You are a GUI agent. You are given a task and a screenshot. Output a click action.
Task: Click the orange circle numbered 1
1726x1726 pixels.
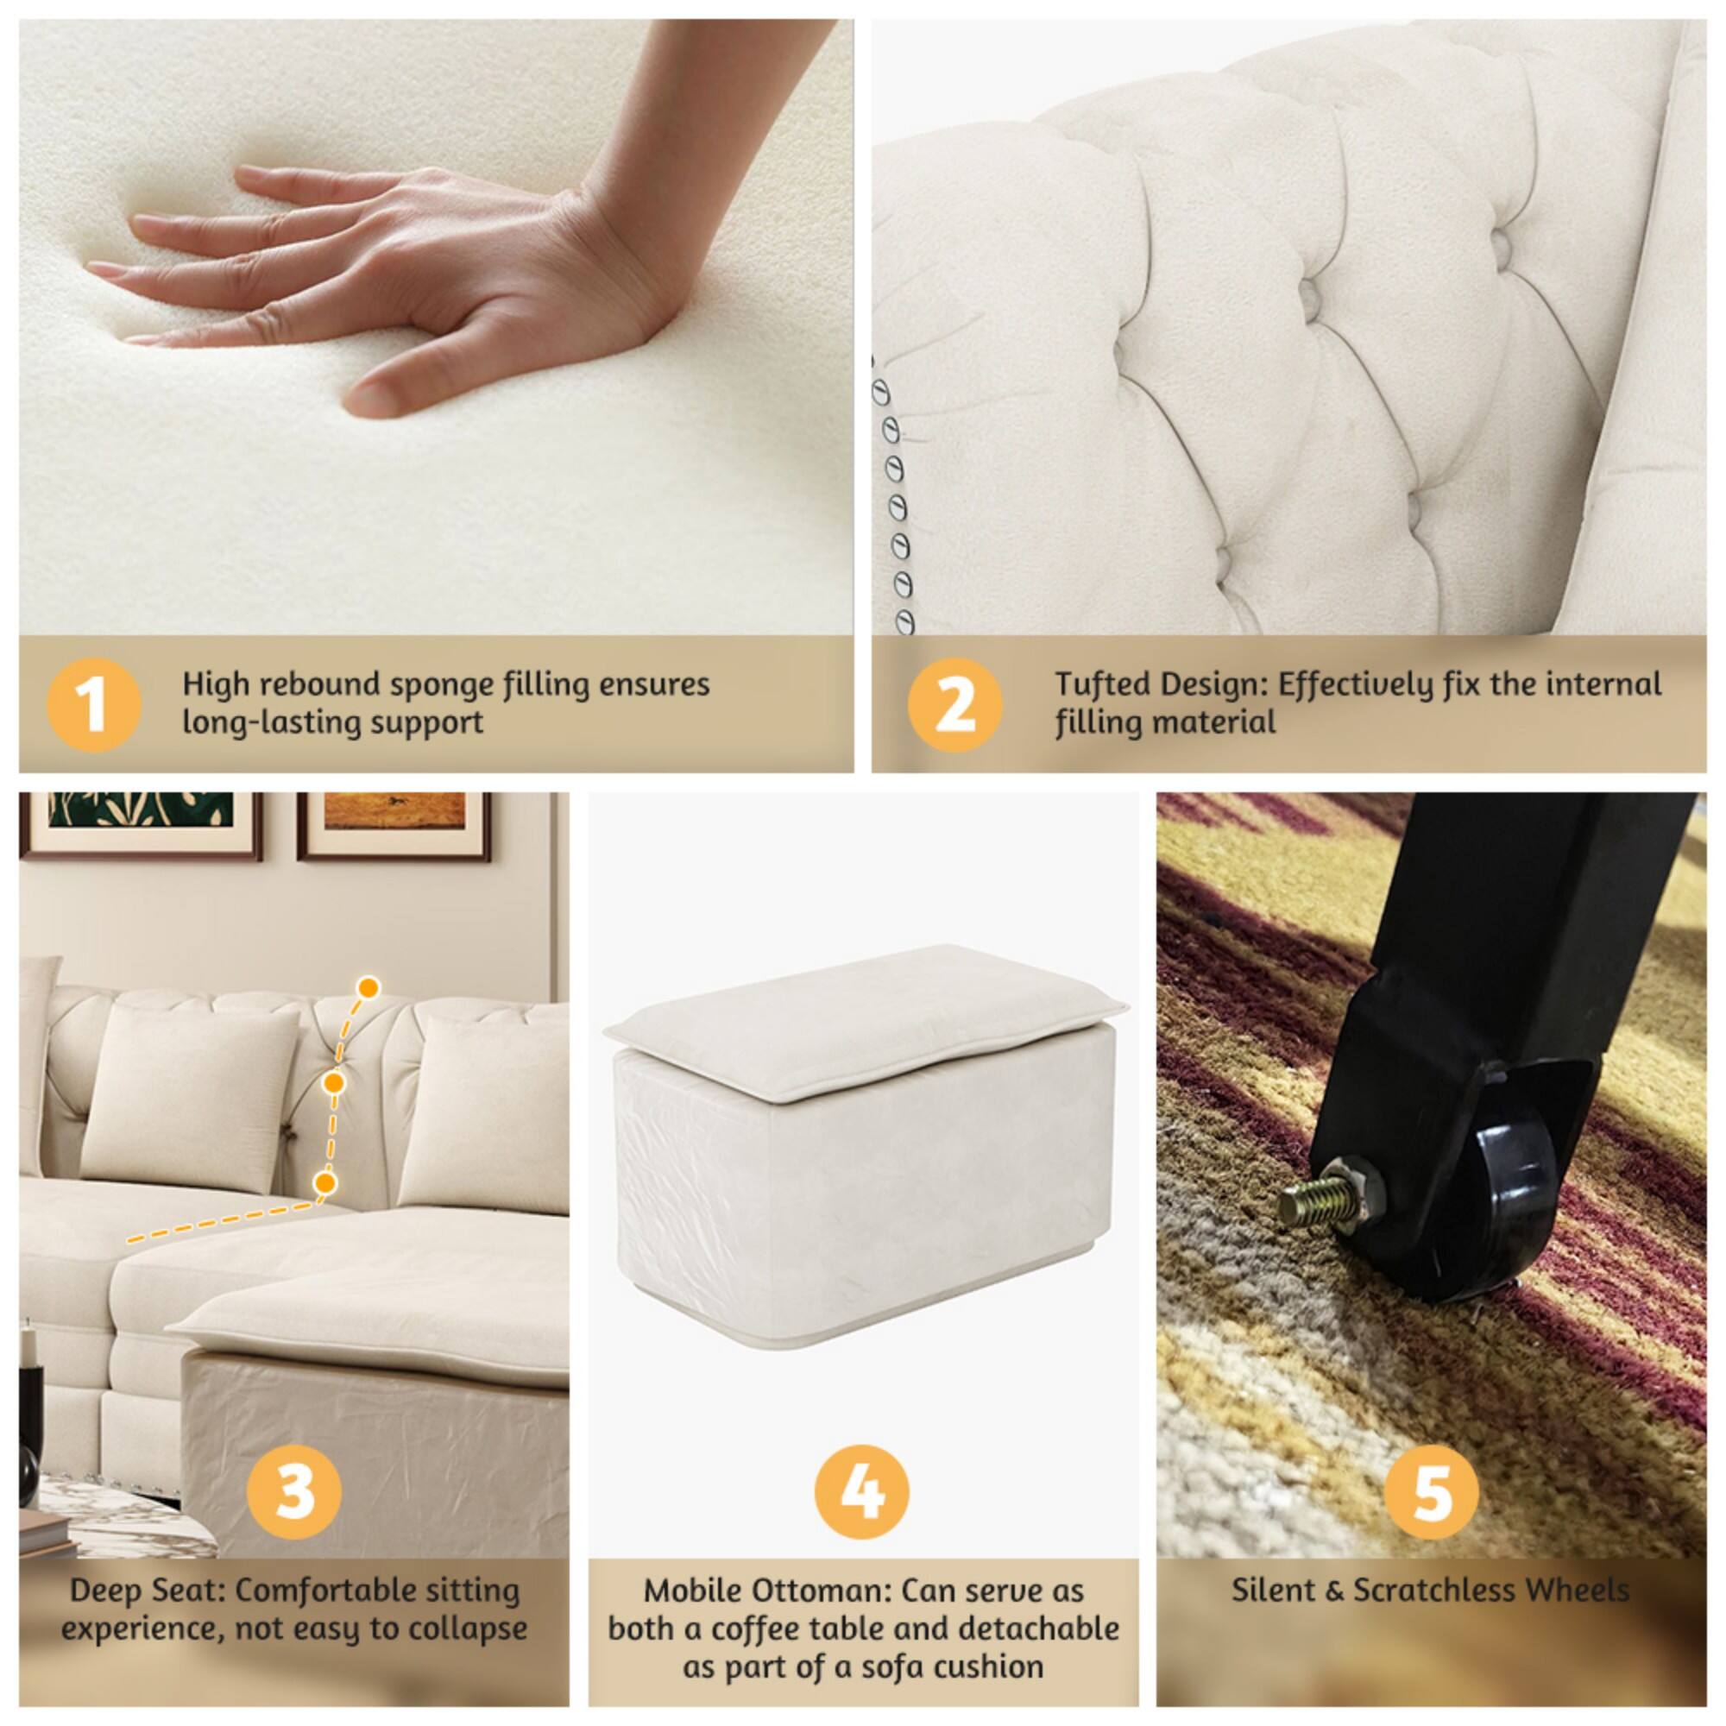[x=93, y=705]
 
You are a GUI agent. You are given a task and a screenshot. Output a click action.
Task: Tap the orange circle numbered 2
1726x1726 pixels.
[x=954, y=705]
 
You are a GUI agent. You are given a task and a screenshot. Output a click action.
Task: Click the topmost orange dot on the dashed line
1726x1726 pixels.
[x=369, y=988]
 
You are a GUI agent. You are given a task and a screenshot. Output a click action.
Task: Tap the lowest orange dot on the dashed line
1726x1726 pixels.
[x=326, y=1183]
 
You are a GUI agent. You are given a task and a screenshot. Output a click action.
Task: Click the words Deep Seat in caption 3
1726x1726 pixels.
[x=146, y=1591]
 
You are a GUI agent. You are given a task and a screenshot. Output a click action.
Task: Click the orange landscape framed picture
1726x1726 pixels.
[x=395, y=810]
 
